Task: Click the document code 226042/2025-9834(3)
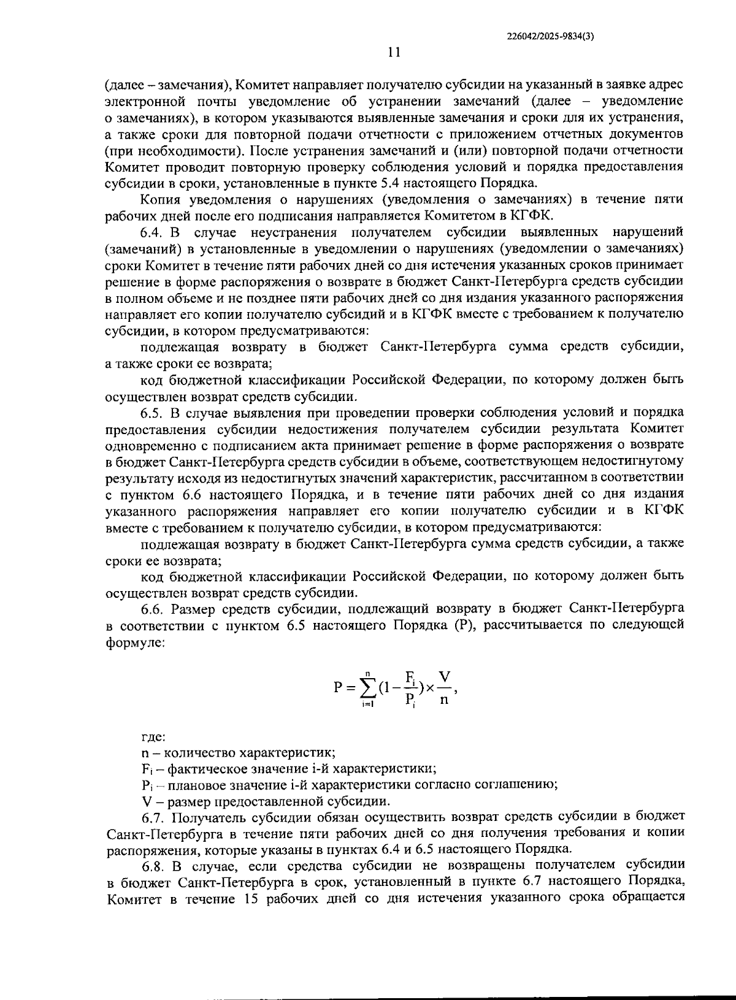(x=551, y=36)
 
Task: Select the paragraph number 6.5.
(x=152, y=412)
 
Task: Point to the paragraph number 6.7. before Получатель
(x=153, y=817)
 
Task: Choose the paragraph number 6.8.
(x=153, y=866)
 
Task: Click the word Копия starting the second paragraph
(x=158, y=199)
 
